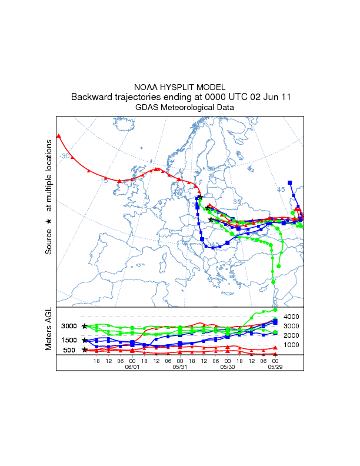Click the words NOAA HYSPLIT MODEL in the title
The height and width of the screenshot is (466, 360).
[179, 86]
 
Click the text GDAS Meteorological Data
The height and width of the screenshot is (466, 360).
[179, 108]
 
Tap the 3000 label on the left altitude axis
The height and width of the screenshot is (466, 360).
[69, 326]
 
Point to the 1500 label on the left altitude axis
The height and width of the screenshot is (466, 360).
[69, 340]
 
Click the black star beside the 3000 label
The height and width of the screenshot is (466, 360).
[85, 326]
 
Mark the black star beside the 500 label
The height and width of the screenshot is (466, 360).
[85, 350]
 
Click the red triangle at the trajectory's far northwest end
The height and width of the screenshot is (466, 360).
[58, 137]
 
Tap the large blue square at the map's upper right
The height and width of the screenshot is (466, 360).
[290, 183]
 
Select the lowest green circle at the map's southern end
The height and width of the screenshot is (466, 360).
[275, 282]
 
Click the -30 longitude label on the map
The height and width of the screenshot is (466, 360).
[65, 156]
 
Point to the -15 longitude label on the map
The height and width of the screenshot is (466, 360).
[102, 181]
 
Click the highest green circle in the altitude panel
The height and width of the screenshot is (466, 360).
[275, 309]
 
